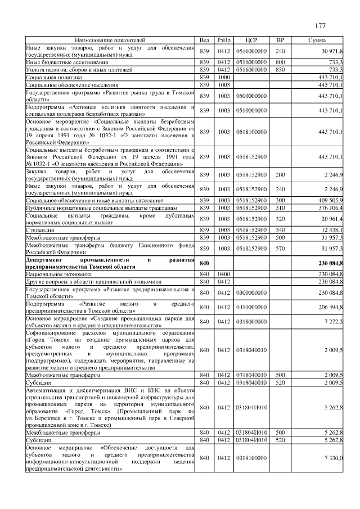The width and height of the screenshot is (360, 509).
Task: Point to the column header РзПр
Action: click(224, 40)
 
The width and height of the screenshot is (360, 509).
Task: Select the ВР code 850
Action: click(280, 70)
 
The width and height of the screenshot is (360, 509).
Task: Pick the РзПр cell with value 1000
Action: click(224, 77)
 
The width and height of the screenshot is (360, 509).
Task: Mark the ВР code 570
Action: click(280, 248)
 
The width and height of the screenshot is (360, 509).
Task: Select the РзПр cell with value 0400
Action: click(224, 274)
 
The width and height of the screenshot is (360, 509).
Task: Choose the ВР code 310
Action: click(280, 208)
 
